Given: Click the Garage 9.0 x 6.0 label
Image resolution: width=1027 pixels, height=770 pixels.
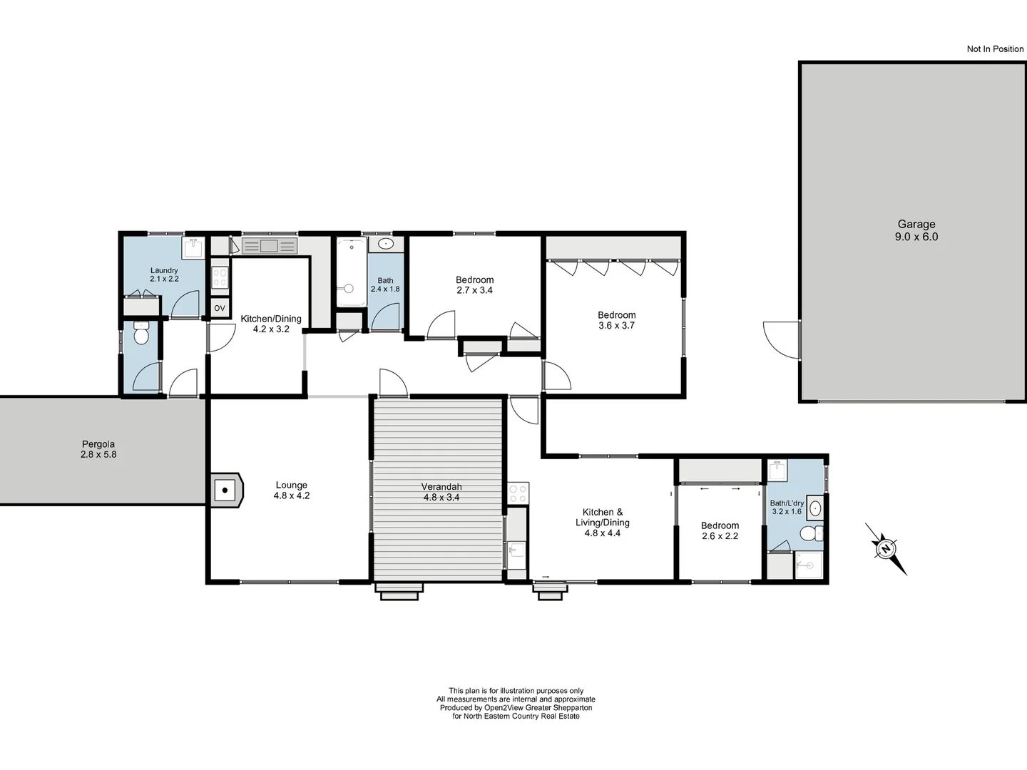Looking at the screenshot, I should coord(916,230).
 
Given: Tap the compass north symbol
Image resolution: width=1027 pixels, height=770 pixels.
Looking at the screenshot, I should coord(886,548).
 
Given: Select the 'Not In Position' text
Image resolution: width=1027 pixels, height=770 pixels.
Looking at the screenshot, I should coord(994,49).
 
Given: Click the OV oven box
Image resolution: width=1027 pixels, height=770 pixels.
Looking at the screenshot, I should coord(220,308).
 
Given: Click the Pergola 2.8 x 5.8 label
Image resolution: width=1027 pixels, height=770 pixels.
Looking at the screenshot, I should coord(98,449).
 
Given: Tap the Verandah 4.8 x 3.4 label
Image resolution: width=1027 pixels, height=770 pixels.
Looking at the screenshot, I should coord(441,492).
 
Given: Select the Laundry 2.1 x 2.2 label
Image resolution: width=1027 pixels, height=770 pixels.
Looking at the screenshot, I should coord(164,274).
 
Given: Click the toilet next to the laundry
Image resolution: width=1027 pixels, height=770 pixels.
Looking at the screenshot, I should coord(141,334).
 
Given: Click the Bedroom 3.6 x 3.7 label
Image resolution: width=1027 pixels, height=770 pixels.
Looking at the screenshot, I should coord(616,320).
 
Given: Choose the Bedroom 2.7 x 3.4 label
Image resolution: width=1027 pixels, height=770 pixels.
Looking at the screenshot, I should coord(474,285).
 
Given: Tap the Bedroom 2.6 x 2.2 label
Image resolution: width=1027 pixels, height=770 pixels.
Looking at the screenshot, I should coord(720,531).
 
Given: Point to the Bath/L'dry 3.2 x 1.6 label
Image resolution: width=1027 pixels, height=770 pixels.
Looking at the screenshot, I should coord(787,507).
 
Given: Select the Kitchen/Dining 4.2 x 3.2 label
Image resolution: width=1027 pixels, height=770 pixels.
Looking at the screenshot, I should coord(270,324).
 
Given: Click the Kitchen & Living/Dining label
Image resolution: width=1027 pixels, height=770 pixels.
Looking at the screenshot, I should coord(603,522).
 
